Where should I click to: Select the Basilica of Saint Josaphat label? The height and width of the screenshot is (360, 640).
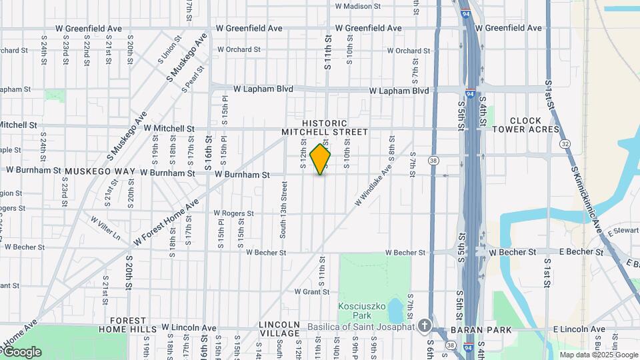pyautogui.click(x=361, y=326)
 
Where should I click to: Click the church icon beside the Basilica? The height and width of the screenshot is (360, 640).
pyautogui.click(x=424, y=326)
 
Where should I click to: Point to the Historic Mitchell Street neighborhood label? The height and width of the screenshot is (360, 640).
pyautogui.click(x=325, y=128)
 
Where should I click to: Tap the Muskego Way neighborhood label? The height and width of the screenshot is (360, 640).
pyautogui.click(x=99, y=171)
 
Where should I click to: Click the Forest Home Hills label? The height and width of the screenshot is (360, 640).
pyautogui.click(x=127, y=325)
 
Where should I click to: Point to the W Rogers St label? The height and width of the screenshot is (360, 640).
pyautogui.click(x=233, y=213)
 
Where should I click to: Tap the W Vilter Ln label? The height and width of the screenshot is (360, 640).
pyautogui.click(x=105, y=227)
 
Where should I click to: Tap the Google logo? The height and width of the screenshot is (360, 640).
pyautogui.click(x=22, y=351)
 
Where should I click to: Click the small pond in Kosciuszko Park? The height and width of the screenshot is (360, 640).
pyautogui.click(x=395, y=311)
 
